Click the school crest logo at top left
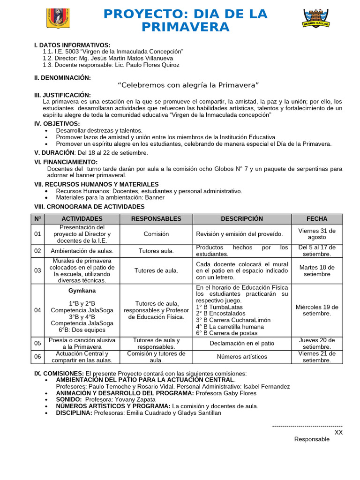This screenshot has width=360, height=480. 58,18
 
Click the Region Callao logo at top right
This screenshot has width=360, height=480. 316,19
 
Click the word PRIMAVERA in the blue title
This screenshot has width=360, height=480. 186,27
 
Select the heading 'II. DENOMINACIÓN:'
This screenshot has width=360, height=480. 63,78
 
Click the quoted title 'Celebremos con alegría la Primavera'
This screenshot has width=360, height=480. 188,85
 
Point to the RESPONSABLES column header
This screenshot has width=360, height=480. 156,219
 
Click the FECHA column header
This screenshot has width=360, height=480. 317,219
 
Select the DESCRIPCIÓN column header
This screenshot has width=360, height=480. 242,219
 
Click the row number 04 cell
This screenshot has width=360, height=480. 37,310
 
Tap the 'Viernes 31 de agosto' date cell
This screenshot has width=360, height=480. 317,234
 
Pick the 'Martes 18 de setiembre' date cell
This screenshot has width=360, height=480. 317,270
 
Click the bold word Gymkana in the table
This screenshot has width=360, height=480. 82,291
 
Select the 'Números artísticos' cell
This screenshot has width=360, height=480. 242,357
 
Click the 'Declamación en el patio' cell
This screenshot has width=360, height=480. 242,343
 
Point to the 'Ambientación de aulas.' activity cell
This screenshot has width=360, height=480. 82,251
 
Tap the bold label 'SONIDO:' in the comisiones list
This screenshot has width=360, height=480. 69,399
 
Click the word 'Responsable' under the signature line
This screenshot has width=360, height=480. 312,439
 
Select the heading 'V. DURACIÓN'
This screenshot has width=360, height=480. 54,153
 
